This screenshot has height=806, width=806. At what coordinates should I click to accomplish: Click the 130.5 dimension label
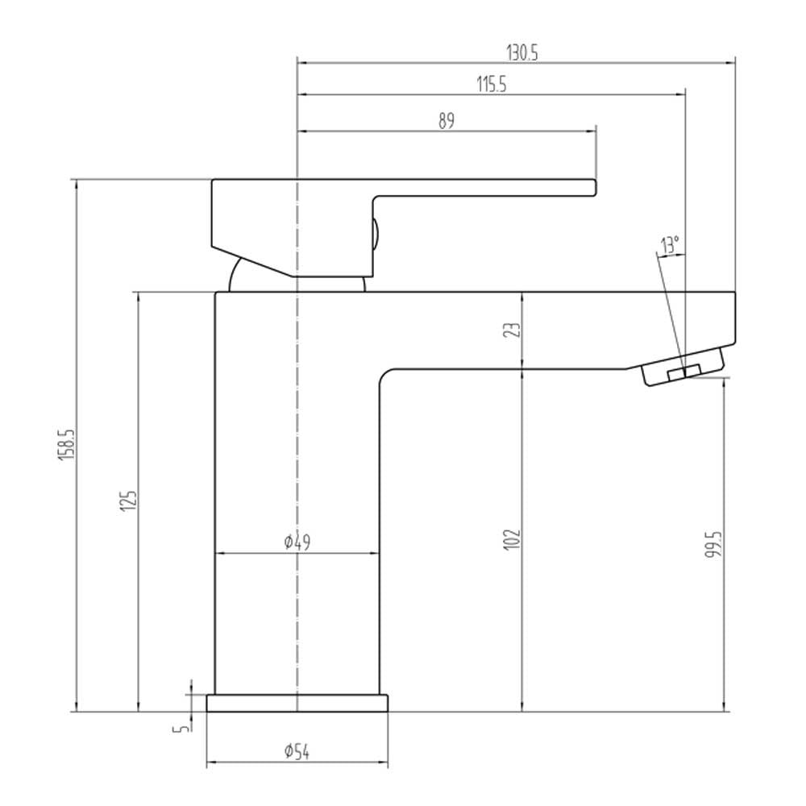coord(522,52)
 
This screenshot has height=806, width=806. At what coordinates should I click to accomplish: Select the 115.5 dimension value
coord(492,85)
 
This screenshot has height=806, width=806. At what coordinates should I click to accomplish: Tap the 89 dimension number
coord(447,121)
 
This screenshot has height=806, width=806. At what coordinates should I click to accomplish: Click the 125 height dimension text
coord(129,501)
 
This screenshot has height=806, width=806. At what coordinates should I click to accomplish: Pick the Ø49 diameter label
coord(297,542)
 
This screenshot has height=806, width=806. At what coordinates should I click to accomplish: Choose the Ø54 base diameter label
coord(297,752)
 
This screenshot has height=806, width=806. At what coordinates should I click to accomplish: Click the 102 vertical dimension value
coord(512,539)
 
